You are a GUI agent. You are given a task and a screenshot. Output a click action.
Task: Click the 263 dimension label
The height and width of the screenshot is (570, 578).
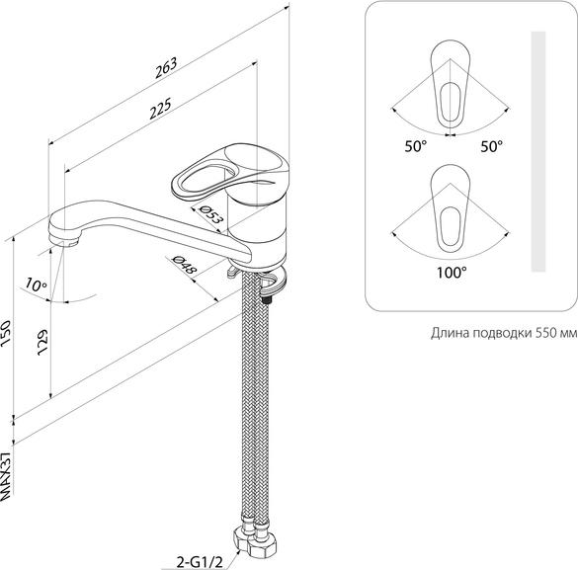pyautogui.click(x=166, y=67)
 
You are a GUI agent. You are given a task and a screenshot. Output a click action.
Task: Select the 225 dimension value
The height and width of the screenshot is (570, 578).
pyautogui.click(x=160, y=108)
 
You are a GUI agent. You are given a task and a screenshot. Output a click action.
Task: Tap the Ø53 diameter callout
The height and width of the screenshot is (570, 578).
pyautogui.click(x=210, y=214)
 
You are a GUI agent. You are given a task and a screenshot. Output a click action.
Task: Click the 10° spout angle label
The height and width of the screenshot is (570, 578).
pyautogui.click(x=37, y=285)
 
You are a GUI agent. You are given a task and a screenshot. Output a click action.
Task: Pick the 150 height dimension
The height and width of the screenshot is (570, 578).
pyautogui.click(x=6, y=332)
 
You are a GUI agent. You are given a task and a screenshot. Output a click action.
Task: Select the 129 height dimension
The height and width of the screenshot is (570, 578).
pyautogui.click(x=42, y=342)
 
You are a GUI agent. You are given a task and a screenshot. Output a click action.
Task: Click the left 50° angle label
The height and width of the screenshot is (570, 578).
pyautogui.click(x=416, y=146)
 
